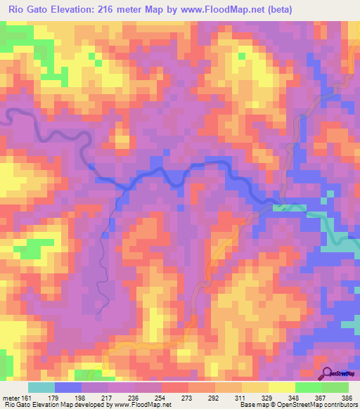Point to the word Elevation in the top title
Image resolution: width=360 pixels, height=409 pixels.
point(74,10)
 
